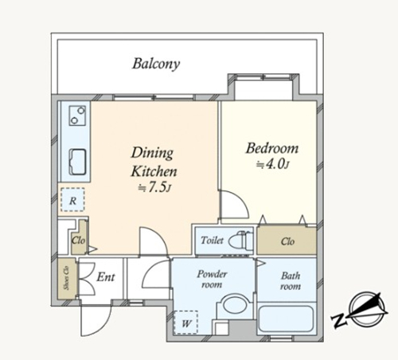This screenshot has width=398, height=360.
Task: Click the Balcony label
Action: tap(156, 64)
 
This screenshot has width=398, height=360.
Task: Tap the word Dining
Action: tap(152, 153)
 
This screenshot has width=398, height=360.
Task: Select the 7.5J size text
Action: tap(154, 187)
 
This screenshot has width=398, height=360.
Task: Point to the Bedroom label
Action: tap(272, 148)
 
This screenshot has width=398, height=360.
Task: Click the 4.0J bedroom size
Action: tap(272, 164)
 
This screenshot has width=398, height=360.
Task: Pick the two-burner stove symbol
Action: tap(77, 115)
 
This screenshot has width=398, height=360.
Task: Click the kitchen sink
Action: tap(77, 162)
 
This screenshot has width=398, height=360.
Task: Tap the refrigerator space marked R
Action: tap(72, 200)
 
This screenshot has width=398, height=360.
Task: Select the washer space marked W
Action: tap(185, 323)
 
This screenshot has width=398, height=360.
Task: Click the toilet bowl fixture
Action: tap(240, 241)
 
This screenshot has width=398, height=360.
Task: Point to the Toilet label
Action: tap(212, 241)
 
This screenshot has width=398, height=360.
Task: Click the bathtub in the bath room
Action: tap(286, 319)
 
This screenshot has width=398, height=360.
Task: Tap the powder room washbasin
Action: tap(233, 304)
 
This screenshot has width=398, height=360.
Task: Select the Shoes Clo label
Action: tap(66, 278)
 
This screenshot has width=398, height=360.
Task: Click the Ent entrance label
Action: tap(106, 277)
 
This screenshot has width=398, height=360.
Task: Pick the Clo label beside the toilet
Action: tap(287, 241)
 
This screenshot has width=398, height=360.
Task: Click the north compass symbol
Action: tap(360, 310)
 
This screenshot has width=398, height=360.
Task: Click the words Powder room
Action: tap(212, 279)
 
